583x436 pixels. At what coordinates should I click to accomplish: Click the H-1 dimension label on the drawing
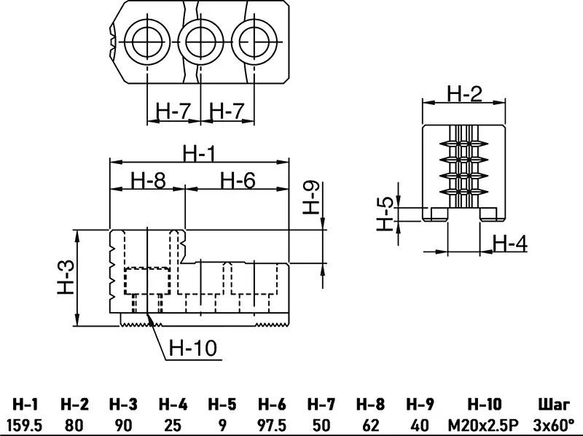[198, 153]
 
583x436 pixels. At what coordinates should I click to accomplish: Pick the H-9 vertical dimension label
[312, 198]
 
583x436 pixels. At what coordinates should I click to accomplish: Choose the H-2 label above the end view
[464, 93]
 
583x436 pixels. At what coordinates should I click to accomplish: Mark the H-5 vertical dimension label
[386, 214]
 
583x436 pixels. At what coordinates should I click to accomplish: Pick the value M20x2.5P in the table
[484, 424]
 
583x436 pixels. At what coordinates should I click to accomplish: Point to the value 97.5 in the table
[271, 424]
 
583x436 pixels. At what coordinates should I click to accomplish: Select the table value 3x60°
[554, 424]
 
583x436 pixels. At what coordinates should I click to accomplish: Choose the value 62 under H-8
[370, 424]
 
